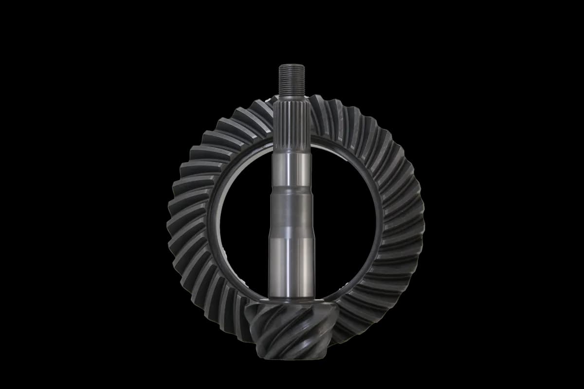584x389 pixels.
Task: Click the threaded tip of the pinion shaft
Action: [x=292, y=80]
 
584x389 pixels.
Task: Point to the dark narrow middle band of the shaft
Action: [x=291, y=209]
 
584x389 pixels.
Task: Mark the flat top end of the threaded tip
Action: [x=292, y=65]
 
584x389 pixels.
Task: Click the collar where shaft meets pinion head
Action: [x=291, y=301]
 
